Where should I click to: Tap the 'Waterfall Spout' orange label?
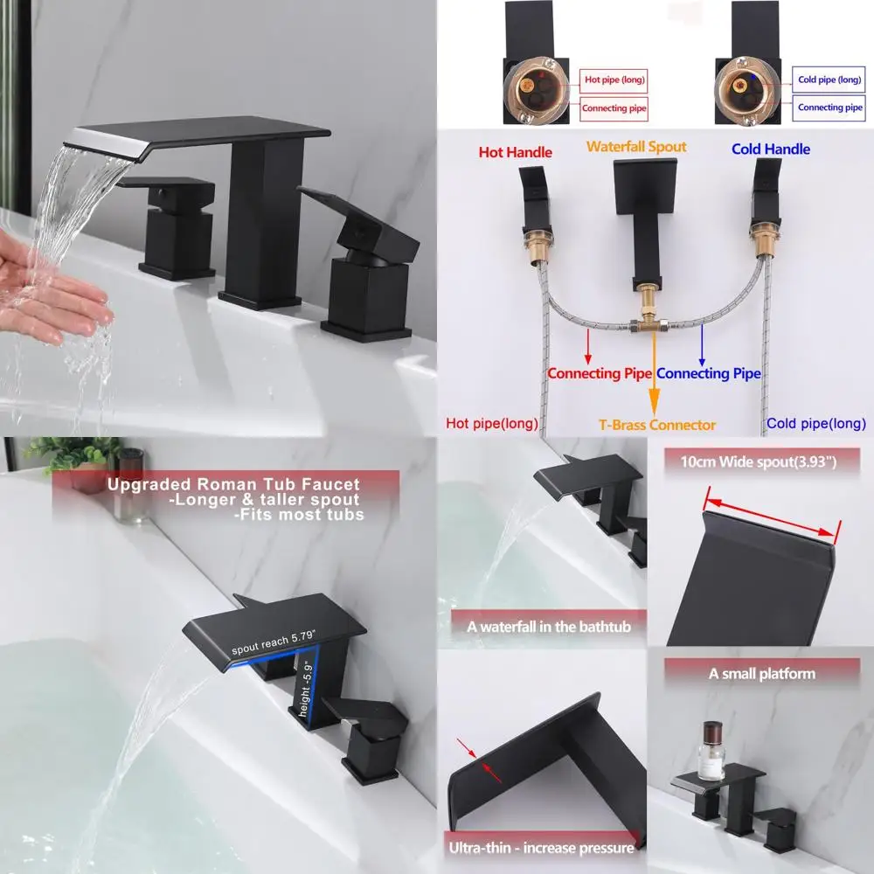[636, 147]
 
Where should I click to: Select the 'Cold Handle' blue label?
[771, 149]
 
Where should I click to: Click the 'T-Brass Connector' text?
[657, 425]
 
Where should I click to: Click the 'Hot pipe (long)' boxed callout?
[614, 80]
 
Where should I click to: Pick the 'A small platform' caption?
[761, 674]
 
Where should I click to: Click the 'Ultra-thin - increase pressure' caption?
[541, 848]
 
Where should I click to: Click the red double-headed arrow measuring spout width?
[772, 516]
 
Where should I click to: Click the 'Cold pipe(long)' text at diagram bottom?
[816, 424]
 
